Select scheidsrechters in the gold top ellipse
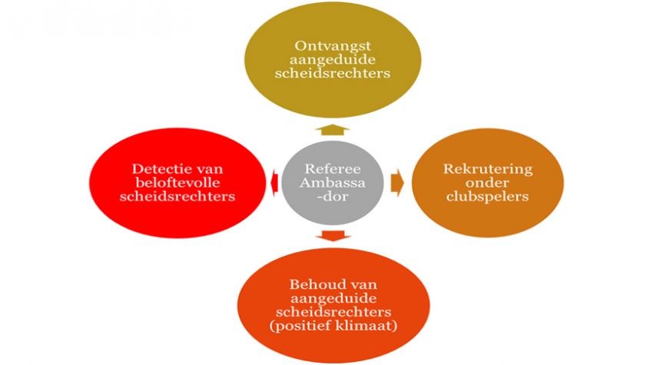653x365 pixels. pyautogui.click(x=332, y=75)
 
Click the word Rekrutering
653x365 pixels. pyautogui.click(x=477, y=169)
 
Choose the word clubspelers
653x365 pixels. pyautogui.click(x=477, y=198)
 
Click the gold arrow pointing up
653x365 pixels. pyautogui.click(x=332, y=128)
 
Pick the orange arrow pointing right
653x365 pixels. pyautogui.click(x=396, y=183)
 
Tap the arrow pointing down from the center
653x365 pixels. pyautogui.click(x=332, y=235)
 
